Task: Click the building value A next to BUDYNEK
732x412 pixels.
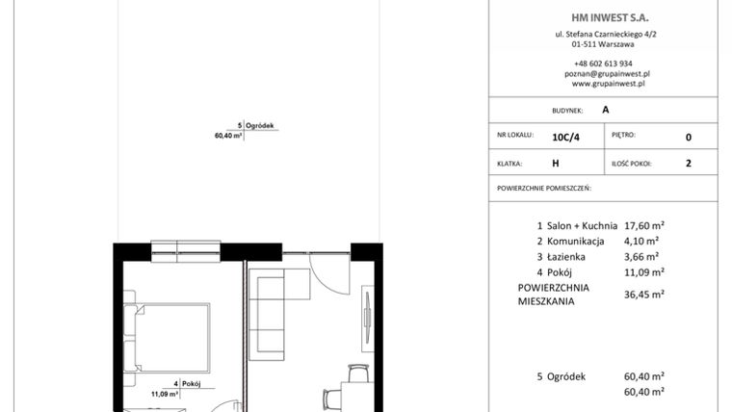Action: coord(605,110)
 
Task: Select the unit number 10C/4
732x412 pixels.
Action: coord(566,137)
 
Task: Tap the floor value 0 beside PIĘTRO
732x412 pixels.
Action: coord(688,137)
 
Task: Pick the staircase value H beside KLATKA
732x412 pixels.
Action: coord(556,164)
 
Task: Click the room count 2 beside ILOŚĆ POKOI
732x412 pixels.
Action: coord(688,164)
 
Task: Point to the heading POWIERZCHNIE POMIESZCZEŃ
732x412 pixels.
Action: coord(543,189)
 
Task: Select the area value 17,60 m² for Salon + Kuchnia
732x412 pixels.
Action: coord(645,225)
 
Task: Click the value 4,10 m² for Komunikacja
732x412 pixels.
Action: coord(641,241)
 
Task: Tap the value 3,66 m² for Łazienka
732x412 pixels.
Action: coord(641,256)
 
